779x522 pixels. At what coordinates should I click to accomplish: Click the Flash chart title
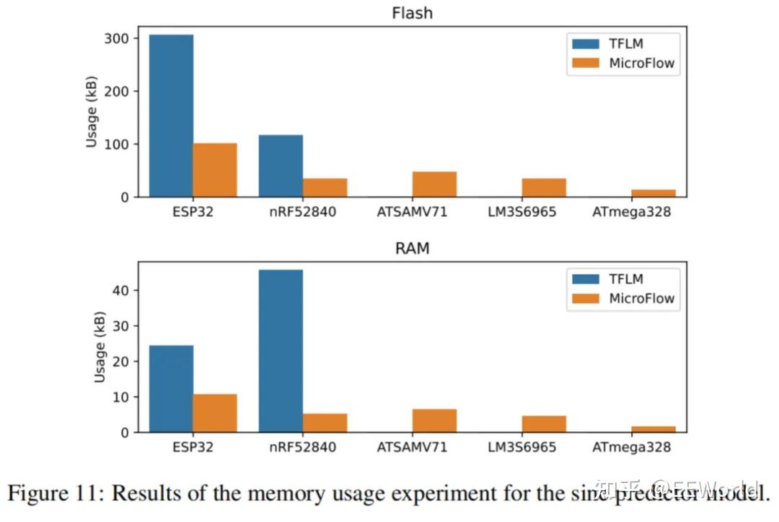(412, 13)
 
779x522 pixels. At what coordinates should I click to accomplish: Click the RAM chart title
(412, 249)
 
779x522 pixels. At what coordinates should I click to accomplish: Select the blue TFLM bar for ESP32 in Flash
(171, 115)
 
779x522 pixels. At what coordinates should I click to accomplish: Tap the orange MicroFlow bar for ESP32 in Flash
(215, 170)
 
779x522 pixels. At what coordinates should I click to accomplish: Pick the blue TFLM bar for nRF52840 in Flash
(281, 166)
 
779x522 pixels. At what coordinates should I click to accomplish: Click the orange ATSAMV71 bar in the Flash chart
(434, 185)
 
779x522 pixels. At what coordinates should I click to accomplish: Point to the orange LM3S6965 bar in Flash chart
(544, 187)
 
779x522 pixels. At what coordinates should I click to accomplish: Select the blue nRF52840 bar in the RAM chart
(281, 351)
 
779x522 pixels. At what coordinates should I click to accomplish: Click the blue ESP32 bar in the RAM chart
(171, 389)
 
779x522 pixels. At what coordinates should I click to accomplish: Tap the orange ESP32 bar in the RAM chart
(215, 413)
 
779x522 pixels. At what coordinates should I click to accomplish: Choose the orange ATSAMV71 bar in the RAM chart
(434, 421)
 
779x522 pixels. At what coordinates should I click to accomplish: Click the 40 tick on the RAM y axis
(127, 291)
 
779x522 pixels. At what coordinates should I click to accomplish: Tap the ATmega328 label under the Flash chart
(631, 213)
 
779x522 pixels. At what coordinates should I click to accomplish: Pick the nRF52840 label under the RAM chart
(302, 447)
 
